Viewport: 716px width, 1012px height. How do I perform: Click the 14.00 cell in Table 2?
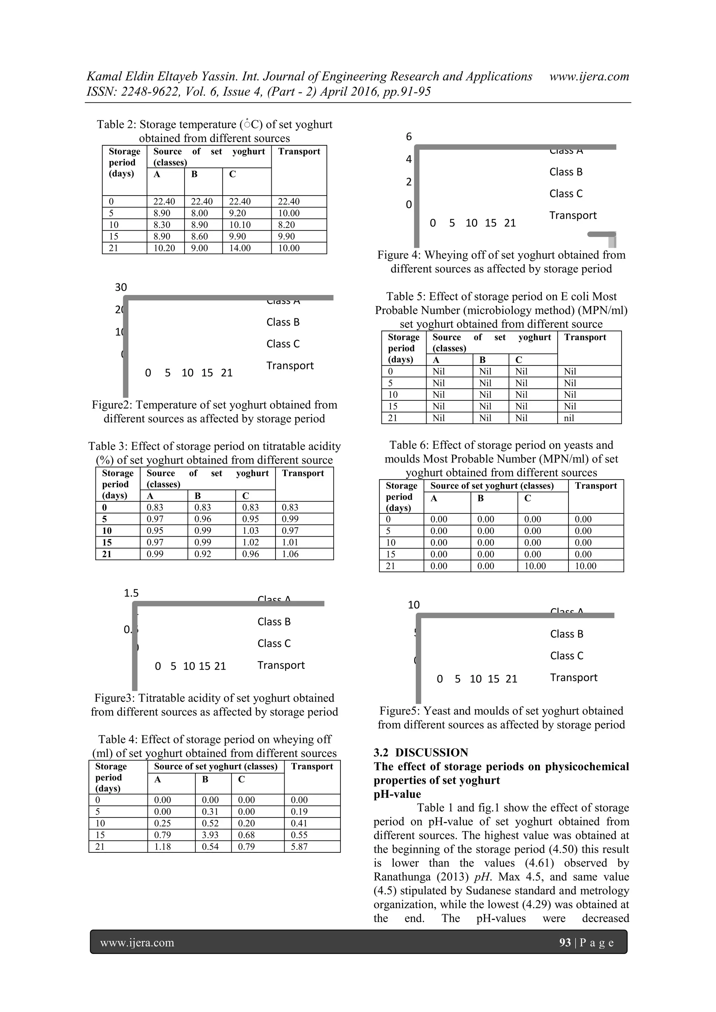[239, 248]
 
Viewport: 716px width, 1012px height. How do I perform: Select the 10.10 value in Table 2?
[239, 225]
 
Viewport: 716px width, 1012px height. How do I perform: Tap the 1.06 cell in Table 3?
[290, 554]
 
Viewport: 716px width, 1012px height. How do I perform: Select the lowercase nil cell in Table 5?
[569, 418]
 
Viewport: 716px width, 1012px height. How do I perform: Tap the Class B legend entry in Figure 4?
[566, 172]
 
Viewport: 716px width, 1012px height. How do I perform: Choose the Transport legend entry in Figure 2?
[290, 365]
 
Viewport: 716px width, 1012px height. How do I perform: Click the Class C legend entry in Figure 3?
[274, 643]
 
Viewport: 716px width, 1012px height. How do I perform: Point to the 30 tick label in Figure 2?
[121, 287]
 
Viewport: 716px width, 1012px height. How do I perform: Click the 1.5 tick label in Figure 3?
[131, 593]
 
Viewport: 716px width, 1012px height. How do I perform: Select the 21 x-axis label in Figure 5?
[511, 679]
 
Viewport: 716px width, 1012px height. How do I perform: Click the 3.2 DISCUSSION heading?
[421, 752]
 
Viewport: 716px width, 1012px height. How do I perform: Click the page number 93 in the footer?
[565, 942]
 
